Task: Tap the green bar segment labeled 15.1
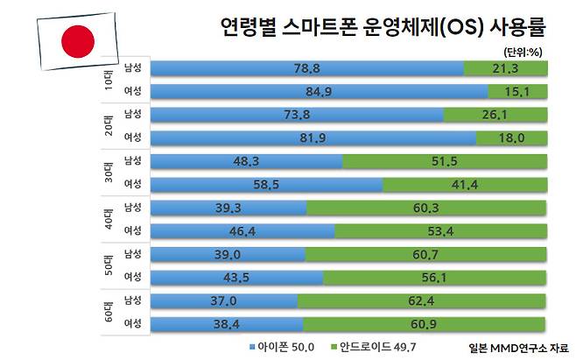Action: click(518, 91)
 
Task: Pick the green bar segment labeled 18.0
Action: click(512, 138)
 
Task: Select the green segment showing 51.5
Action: click(445, 161)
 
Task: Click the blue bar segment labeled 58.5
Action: click(267, 184)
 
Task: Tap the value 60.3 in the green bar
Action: click(427, 208)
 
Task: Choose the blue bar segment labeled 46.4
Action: click(242, 230)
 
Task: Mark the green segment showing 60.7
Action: click(426, 254)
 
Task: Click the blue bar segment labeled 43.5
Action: click(236, 277)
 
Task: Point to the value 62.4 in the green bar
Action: click(423, 300)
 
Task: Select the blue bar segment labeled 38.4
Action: click(225, 323)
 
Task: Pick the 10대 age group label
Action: click(103, 80)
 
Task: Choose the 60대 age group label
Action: click(103, 312)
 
